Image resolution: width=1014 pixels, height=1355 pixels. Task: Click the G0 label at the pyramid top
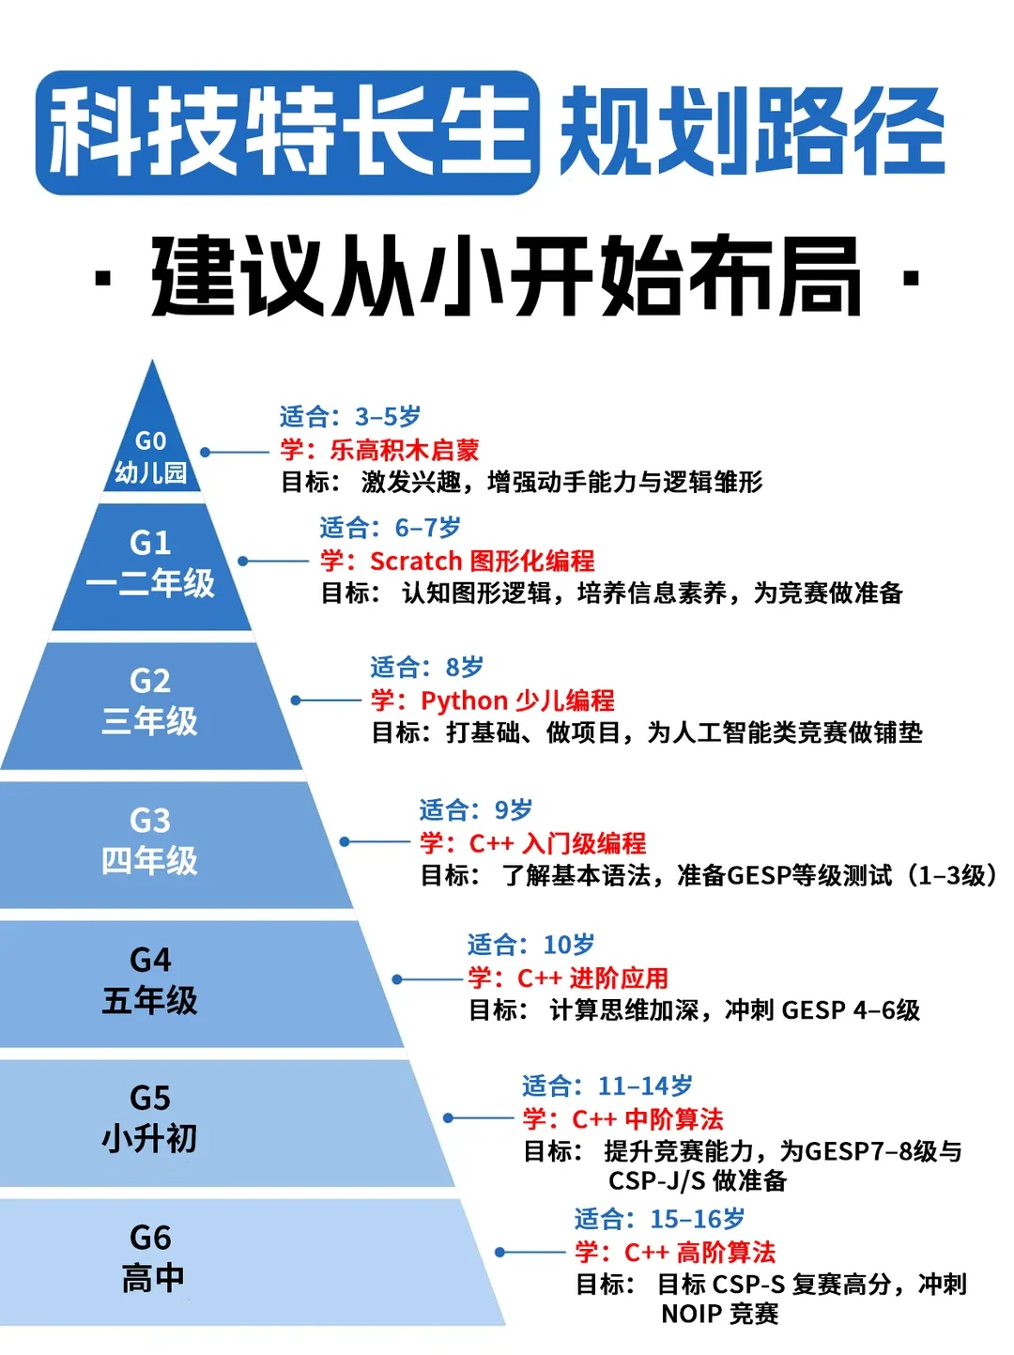[150, 440]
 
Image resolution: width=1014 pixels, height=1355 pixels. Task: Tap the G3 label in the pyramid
[150, 820]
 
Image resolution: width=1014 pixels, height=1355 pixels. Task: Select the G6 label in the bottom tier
[150, 1237]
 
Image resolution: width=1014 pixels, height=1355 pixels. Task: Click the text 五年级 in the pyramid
[150, 1000]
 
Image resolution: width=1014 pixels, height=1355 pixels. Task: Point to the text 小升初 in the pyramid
[150, 1138]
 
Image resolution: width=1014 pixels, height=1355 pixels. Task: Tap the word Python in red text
[464, 701]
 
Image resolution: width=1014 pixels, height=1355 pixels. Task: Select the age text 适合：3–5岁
[350, 416]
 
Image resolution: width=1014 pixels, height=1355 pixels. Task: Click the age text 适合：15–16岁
[660, 1219]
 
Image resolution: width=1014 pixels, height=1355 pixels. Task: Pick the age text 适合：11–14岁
[607, 1086]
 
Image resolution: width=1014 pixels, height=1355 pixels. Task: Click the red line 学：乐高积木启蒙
[379, 449]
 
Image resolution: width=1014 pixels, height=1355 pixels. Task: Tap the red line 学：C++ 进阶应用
[568, 978]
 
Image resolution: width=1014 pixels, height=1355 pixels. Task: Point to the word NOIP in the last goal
[691, 1313]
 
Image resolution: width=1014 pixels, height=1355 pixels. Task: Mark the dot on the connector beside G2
[296, 701]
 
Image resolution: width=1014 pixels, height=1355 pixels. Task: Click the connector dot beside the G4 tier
[397, 979]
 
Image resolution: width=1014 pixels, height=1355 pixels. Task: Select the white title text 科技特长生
[287, 132]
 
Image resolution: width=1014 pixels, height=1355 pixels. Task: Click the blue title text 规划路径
[752, 132]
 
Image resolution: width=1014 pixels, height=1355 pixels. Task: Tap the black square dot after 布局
[909, 279]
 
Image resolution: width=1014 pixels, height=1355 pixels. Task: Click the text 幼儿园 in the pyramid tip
[150, 472]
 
